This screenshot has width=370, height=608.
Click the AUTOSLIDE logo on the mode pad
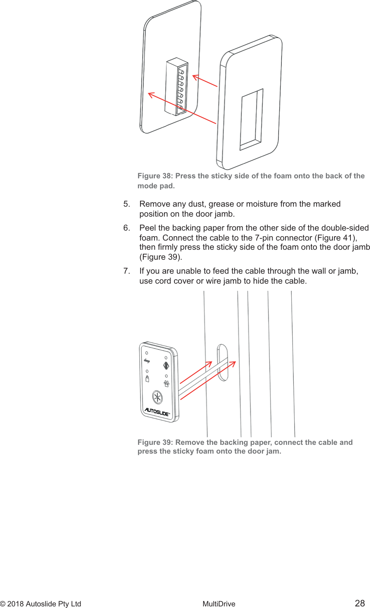157,412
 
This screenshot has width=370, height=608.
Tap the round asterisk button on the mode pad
158,397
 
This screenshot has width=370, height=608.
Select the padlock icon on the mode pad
147,379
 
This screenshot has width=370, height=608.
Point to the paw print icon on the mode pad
166,383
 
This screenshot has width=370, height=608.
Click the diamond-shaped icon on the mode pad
166,365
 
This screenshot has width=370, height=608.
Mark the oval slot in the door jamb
222,362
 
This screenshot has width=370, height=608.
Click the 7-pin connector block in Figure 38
176,87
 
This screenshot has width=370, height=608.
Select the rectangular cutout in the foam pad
251,119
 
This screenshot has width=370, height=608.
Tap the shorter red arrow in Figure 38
205,81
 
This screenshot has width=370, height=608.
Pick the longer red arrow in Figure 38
182,108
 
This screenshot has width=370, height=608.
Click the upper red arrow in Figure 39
196,372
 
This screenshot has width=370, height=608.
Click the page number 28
360,603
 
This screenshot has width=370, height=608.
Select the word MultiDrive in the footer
219,604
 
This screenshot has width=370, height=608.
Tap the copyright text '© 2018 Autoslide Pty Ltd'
41,604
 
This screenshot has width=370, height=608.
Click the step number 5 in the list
126,204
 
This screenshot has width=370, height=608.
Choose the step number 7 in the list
126,271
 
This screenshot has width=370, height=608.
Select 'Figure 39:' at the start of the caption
155,442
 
